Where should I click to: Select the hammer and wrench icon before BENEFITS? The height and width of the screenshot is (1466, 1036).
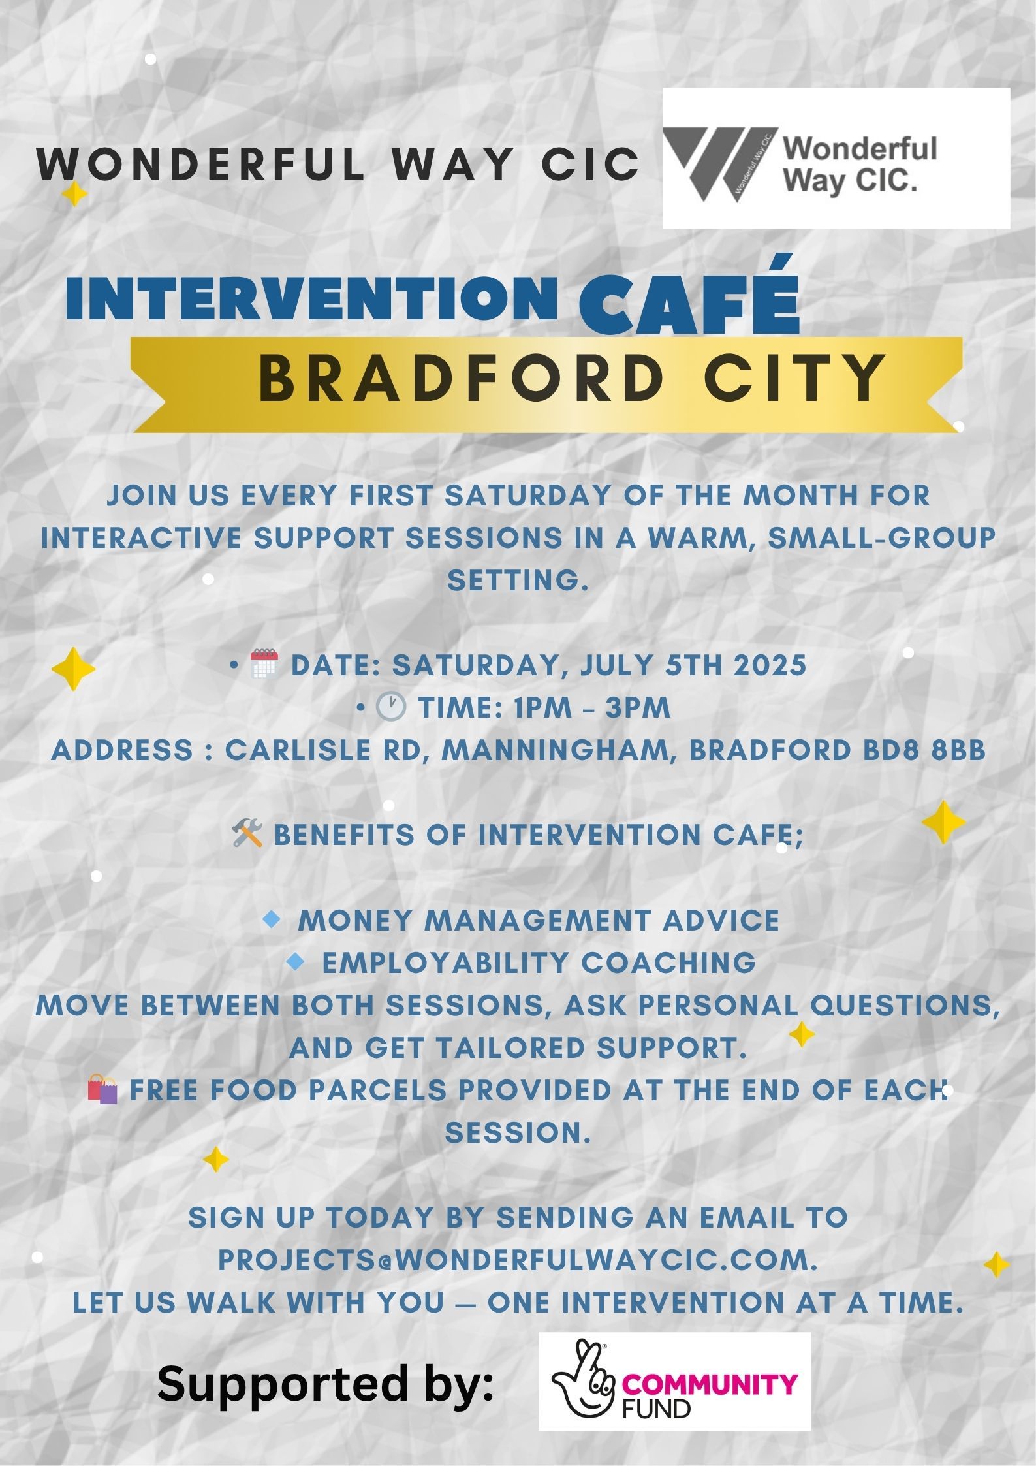click(x=247, y=834)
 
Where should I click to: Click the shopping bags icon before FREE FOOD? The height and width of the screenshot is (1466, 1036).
click(x=102, y=1089)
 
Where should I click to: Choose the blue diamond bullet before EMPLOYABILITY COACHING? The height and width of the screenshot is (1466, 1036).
click(x=296, y=961)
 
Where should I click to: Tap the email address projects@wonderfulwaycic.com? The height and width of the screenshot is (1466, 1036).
click(x=517, y=1260)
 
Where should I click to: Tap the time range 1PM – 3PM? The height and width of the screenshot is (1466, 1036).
click(x=591, y=708)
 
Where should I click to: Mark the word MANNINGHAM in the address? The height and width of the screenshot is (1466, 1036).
click(x=560, y=751)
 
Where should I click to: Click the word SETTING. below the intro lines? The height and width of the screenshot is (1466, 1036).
click(x=518, y=580)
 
